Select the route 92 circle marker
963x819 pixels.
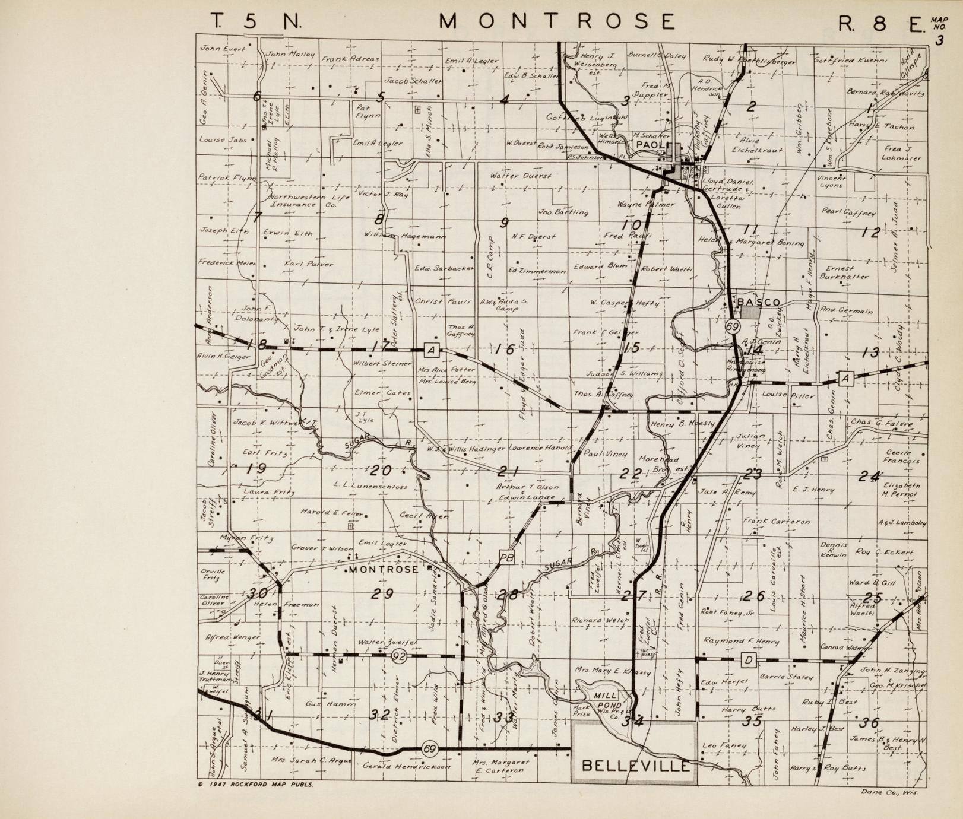[x=399, y=655]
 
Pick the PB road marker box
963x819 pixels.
[x=506, y=557]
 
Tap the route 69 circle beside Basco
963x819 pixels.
[x=732, y=326]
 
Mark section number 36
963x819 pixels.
[x=870, y=722]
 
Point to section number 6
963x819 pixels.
[x=256, y=96]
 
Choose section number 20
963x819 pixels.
[x=380, y=471]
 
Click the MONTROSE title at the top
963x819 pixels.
[x=557, y=21]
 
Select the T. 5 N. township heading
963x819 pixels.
[x=256, y=21]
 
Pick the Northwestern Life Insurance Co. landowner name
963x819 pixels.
[x=302, y=200]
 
